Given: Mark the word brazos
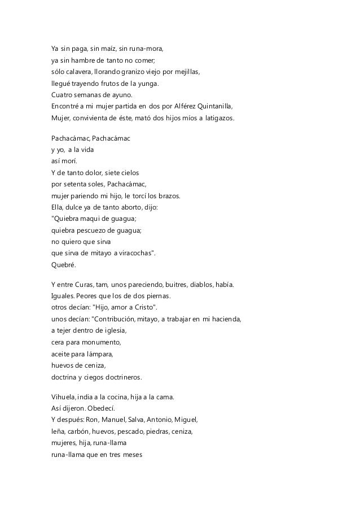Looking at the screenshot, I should click(168, 196).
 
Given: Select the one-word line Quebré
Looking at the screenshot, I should click(62, 264).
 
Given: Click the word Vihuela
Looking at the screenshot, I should click(63, 397).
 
